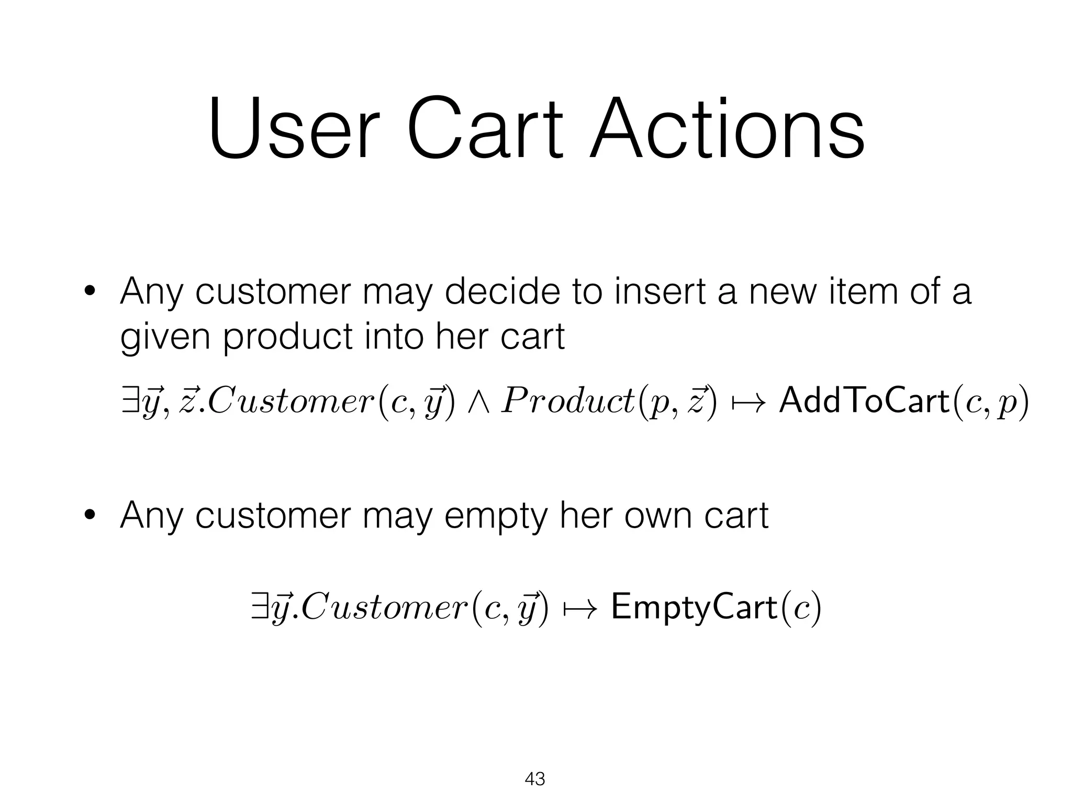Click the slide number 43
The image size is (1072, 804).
(534, 779)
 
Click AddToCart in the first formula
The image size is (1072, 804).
(864, 402)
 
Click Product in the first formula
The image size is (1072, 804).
(567, 402)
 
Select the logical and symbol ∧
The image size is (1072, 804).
(477, 403)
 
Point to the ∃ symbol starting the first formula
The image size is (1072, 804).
(127, 402)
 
